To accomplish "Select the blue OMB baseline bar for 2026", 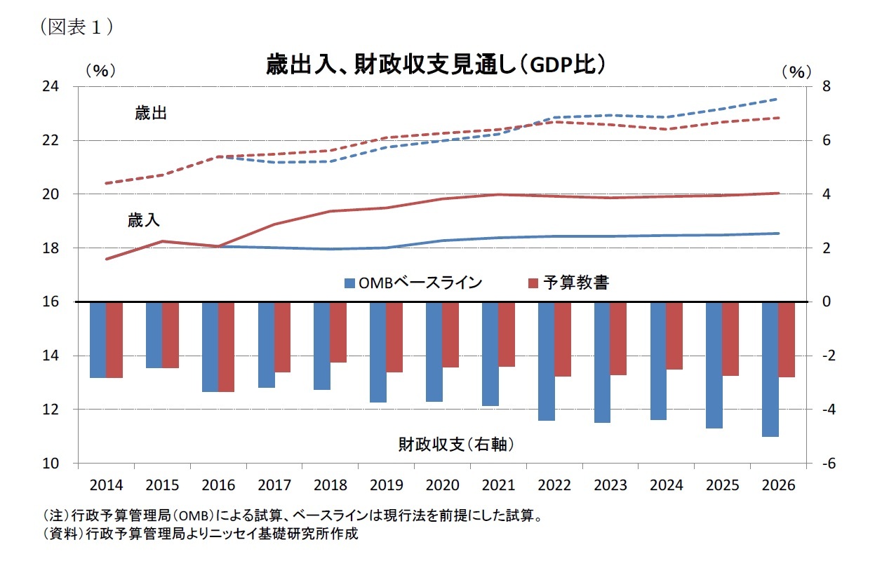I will (770, 369).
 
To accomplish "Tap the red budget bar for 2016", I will (226, 346).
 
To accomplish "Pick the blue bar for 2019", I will (377, 352).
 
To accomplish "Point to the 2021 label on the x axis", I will (498, 485).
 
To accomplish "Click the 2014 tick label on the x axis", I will (106, 485).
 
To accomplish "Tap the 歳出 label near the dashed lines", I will (151, 114).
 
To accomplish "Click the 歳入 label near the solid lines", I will (143, 220).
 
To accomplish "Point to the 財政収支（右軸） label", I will (457, 444).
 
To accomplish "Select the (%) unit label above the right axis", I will (795, 71).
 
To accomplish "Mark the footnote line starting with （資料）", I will (200, 534).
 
